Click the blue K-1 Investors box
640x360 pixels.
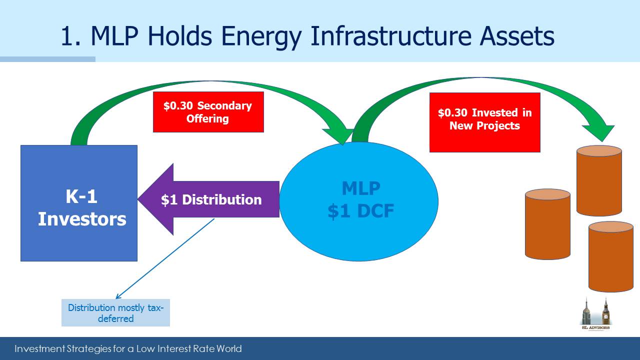[x=79, y=203]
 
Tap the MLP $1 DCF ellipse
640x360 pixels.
[x=359, y=201]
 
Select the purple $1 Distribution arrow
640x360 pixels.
[x=208, y=199]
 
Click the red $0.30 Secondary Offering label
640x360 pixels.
[x=208, y=112]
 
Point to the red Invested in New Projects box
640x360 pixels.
[x=485, y=122]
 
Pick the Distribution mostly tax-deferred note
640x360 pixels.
[x=115, y=312]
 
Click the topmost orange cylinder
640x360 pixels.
[x=599, y=180]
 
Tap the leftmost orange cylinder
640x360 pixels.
[x=547, y=224]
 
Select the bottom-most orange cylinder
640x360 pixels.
[x=611, y=256]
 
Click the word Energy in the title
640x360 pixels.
[x=261, y=37]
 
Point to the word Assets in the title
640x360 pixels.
[x=517, y=36]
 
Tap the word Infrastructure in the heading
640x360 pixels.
[x=390, y=36]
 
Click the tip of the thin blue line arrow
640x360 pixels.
[x=115, y=299]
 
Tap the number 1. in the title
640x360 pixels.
[x=70, y=36]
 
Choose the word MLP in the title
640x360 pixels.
[x=114, y=36]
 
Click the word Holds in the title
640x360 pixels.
[x=179, y=36]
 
